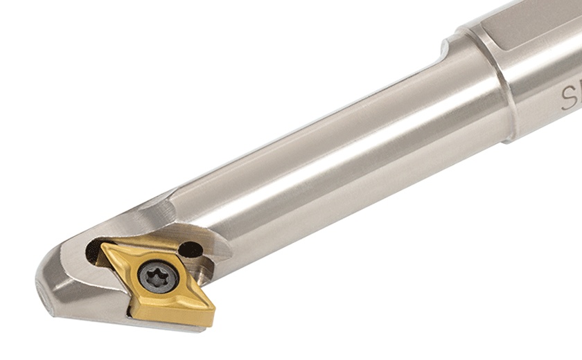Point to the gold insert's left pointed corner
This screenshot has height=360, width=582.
[103, 246]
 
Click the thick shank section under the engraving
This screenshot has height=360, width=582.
[547, 125]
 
